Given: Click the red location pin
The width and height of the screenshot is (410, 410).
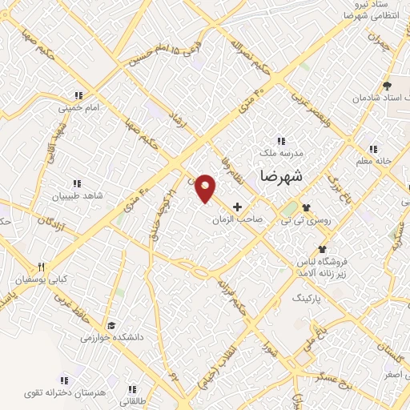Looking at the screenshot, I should pos(206,188).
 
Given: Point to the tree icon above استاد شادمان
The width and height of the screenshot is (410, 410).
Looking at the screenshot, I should pos(388,84).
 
